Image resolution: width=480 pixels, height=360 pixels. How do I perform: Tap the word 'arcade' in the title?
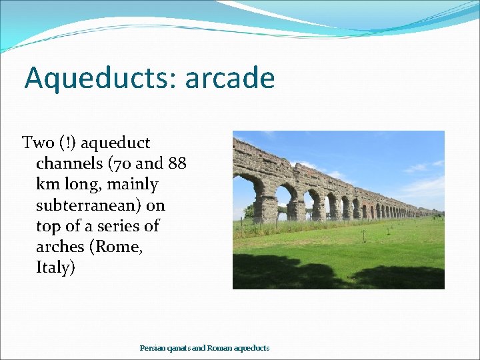(230, 78)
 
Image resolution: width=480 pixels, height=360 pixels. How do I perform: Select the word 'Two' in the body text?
(38, 143)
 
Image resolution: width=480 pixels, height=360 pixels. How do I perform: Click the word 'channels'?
(67, 163)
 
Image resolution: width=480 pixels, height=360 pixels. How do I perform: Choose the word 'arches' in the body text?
(61, 247)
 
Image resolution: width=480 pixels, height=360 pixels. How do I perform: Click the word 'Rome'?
(119, 247)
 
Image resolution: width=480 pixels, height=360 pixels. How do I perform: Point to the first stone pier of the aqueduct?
(265, 208)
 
